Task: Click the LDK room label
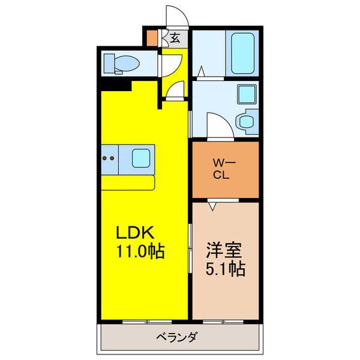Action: click(x=135, y=233)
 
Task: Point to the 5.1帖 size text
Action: click(x=225, y=268)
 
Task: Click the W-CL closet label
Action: click(x=224, y=170)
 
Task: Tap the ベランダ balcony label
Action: click(x=176, y=338)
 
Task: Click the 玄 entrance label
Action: click(x=175, y=38)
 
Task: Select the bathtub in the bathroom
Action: click(x=242, y=53)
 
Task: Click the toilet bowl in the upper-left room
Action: click(x=127, y=64)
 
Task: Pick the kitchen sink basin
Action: click(x=141, y=158)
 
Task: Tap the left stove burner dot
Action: click(x=104, y=158)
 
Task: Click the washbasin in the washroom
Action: click(x=247, y=94)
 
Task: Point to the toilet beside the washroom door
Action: click(x=247, y=122)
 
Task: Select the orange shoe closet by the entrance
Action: click(x=152, y=38)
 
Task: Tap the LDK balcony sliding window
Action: click(x=147, y=322)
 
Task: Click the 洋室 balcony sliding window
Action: click(x=223, y=322)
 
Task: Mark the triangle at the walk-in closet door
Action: click(x=213, y=206)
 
